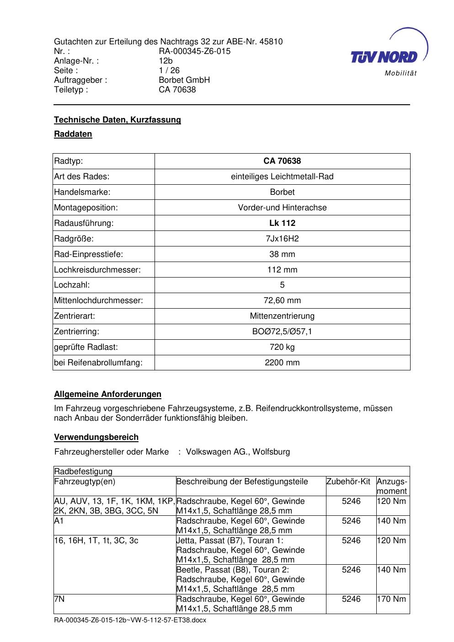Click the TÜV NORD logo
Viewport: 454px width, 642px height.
384,56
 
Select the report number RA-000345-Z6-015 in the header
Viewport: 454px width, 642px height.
194,51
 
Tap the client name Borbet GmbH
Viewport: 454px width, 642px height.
184,80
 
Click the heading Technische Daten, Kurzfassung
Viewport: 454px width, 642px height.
118,120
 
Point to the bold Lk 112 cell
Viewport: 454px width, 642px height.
282,223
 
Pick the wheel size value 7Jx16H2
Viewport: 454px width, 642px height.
282,239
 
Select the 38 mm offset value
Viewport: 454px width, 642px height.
282,254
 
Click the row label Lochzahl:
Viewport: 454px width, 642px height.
72,285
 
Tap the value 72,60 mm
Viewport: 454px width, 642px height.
282,300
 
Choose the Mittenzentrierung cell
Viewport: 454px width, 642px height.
282,316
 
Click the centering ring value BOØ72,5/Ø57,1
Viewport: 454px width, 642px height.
282,332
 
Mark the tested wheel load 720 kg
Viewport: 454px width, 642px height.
282,347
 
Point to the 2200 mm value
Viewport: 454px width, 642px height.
282,363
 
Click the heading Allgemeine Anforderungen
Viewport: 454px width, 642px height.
107,394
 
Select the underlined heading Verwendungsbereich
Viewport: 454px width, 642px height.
96,437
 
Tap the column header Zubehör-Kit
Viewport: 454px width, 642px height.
348,481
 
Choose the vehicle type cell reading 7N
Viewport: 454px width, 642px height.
59,599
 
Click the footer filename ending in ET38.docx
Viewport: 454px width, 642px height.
130,621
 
